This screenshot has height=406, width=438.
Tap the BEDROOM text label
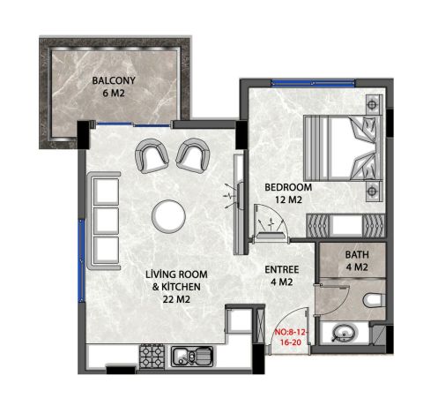[x=289, y=194]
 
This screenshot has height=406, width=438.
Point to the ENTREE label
[x=280, y=275]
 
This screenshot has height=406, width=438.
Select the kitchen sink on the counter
[x=190, y=357]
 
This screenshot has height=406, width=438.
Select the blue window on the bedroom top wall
[x=303, y=83]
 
